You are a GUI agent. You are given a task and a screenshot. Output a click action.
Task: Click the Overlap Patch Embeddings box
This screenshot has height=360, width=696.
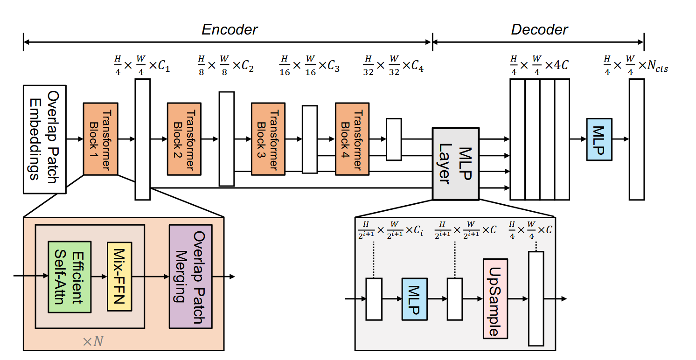coord(44,139)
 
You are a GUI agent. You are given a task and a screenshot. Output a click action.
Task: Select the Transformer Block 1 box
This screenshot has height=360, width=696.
coord(100,139)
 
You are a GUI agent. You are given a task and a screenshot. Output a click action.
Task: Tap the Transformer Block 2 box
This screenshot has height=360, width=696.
coord(184,139)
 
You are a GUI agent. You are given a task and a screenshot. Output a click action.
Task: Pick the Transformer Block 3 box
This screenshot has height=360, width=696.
coord(268,139)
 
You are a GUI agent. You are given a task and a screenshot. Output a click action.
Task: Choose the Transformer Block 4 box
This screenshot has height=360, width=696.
coord(352,139)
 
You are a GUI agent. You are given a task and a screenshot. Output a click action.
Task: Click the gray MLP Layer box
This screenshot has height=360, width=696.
coord(455,163)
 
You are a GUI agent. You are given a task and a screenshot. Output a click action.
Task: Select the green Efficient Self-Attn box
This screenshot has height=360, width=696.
coord(70,277)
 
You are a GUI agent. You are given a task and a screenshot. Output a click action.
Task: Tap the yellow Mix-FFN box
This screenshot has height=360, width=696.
coord(119,277)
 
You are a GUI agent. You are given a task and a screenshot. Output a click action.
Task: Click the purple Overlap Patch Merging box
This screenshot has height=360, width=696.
coord(190,276)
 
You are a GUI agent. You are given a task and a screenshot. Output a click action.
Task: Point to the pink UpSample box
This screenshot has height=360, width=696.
coord(495,298)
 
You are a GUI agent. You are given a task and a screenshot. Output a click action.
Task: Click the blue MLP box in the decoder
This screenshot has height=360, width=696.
coord(599,139)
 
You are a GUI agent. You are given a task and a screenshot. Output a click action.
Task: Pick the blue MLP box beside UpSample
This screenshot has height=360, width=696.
coord(414,298)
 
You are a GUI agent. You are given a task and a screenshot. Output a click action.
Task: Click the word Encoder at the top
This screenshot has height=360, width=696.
coord(230,30)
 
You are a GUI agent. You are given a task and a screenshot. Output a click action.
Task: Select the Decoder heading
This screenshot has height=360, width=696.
coord(539,30)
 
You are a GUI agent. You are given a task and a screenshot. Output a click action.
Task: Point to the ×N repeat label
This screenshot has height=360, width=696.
coord(93,341)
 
